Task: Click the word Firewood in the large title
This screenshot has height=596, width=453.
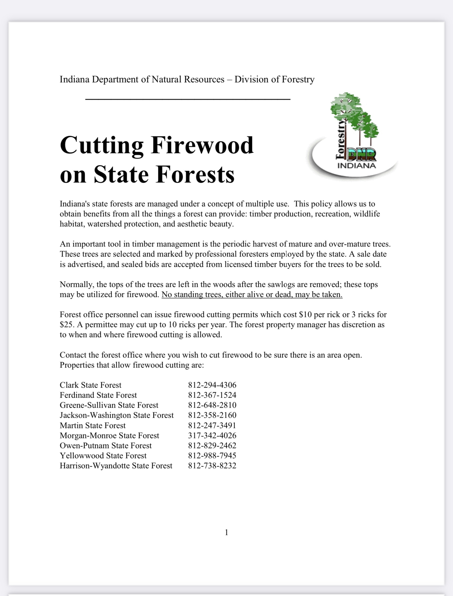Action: tap(202, 145)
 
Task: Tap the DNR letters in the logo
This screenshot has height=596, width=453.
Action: tap(362, 155)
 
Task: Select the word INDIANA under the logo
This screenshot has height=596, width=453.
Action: tap(357, 166)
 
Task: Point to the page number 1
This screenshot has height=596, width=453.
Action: tap(226, 532)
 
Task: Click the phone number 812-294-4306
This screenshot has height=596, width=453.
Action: tap(212, 385)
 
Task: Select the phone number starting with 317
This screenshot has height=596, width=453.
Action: tap(212, 435)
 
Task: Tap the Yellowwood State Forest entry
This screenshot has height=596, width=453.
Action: tap(103, 455)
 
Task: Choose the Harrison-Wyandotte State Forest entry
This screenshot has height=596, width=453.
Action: tap(116, 465)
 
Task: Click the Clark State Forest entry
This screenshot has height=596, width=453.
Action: tap(90, 385)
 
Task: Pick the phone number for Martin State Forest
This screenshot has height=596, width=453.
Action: tap(212, 425)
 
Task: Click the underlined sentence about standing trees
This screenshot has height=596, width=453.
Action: tap(252, 294)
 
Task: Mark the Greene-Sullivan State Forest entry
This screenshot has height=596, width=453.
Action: tap(109, 405)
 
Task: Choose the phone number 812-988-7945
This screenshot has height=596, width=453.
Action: tap(212, 455)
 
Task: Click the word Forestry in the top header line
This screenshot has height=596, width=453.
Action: tap(298, 79)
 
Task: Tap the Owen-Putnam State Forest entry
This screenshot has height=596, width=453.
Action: tap(106, 445)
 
